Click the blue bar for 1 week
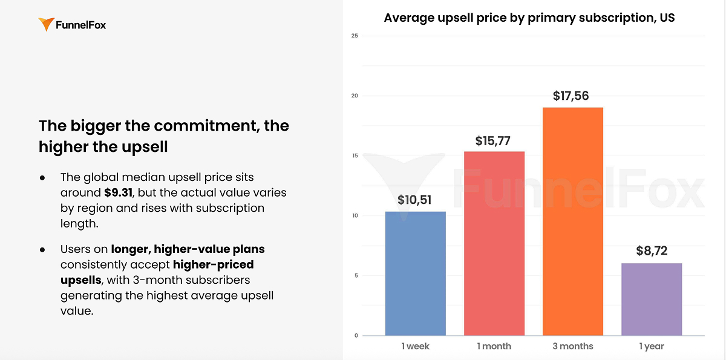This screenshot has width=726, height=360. pyautogui.click(x=415, y=273)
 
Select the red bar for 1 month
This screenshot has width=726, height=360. pyautogui.click(x=494, y=243)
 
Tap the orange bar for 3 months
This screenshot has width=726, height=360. pyautogui.click(x=572, y=221)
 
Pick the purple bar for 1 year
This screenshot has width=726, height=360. pyautogui.click(x=652, y=299)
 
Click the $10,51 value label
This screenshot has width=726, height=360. pyautogui.click(x=414, y=200)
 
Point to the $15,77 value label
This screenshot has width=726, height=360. pyautogui.click(x=494, y=140)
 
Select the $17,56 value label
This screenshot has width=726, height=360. pyautogui.click(x=571, y=96)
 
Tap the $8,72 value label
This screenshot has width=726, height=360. pyautogui.click(x=652, y=251)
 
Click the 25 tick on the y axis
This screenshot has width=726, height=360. pyautogui.click(x=355, y=36)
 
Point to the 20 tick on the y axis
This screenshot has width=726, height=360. pyautogui.click(x=355, y=96)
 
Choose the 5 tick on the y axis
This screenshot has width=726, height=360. pyautogui.click(x=356, y=276)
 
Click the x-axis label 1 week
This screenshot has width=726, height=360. pyautogui.click(x=415, y=347)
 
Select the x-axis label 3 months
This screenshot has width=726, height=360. pyautogui.click(x=572, y=347)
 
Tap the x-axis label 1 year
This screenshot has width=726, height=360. pyautogui.click(x=651, y=347)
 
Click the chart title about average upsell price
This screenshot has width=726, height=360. pyautogui.click(x=529, y=18)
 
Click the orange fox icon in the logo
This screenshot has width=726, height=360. pyautogui.click(x=46, y=25)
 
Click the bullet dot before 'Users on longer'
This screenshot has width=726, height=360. pyautogui.click(x=42, y=249)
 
